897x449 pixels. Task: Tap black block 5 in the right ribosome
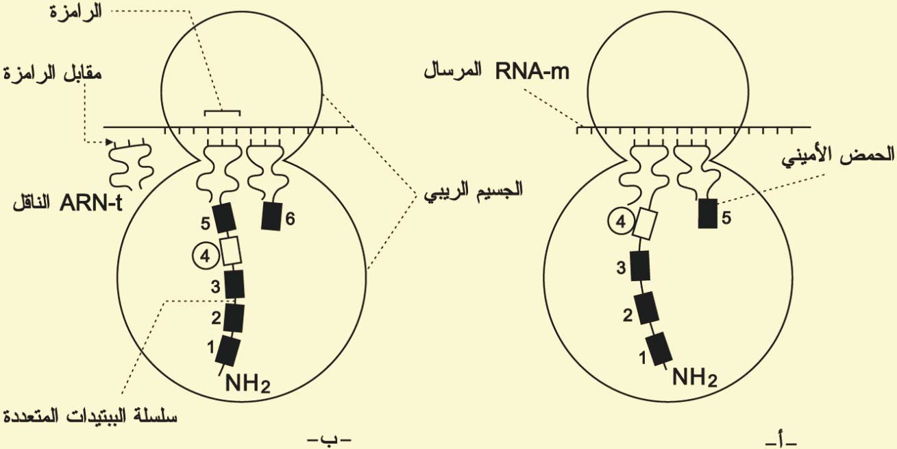[x=706, y=213]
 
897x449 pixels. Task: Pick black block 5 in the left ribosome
[x=225, y=218]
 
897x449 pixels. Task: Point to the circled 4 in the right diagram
[x=619, y=223]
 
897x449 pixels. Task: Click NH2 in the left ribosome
[x=248, y=385]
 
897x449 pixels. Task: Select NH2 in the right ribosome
[x=694, y=376]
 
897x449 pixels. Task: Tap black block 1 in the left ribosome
[x=228, y=351]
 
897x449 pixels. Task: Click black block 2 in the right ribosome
[x=646, y=308]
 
